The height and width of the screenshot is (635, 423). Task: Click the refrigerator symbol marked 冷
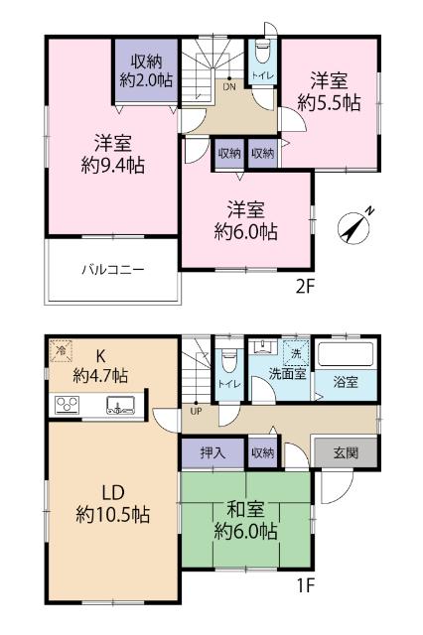click(62, 351)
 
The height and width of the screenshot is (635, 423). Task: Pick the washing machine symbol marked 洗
click(296, 353)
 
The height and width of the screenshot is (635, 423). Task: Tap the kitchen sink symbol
click(121, 404)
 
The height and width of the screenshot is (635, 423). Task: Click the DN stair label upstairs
click(228, 86)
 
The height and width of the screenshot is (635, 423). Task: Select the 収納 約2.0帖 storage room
click(145, 72)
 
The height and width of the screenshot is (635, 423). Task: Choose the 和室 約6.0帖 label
click(244, 521)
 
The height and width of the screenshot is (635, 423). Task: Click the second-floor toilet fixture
click(261, 55)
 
